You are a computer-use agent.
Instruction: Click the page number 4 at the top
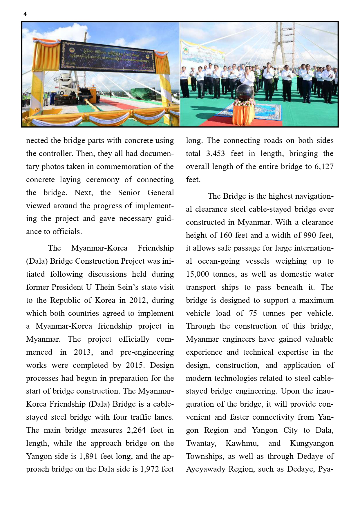(25, 14)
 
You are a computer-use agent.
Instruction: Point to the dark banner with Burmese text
(107, 57)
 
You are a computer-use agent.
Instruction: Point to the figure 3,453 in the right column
(216, 153)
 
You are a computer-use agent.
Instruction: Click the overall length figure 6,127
(324, 166)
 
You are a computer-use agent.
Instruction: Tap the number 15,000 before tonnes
(197, 274)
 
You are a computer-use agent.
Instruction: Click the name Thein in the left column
(105, 287)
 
